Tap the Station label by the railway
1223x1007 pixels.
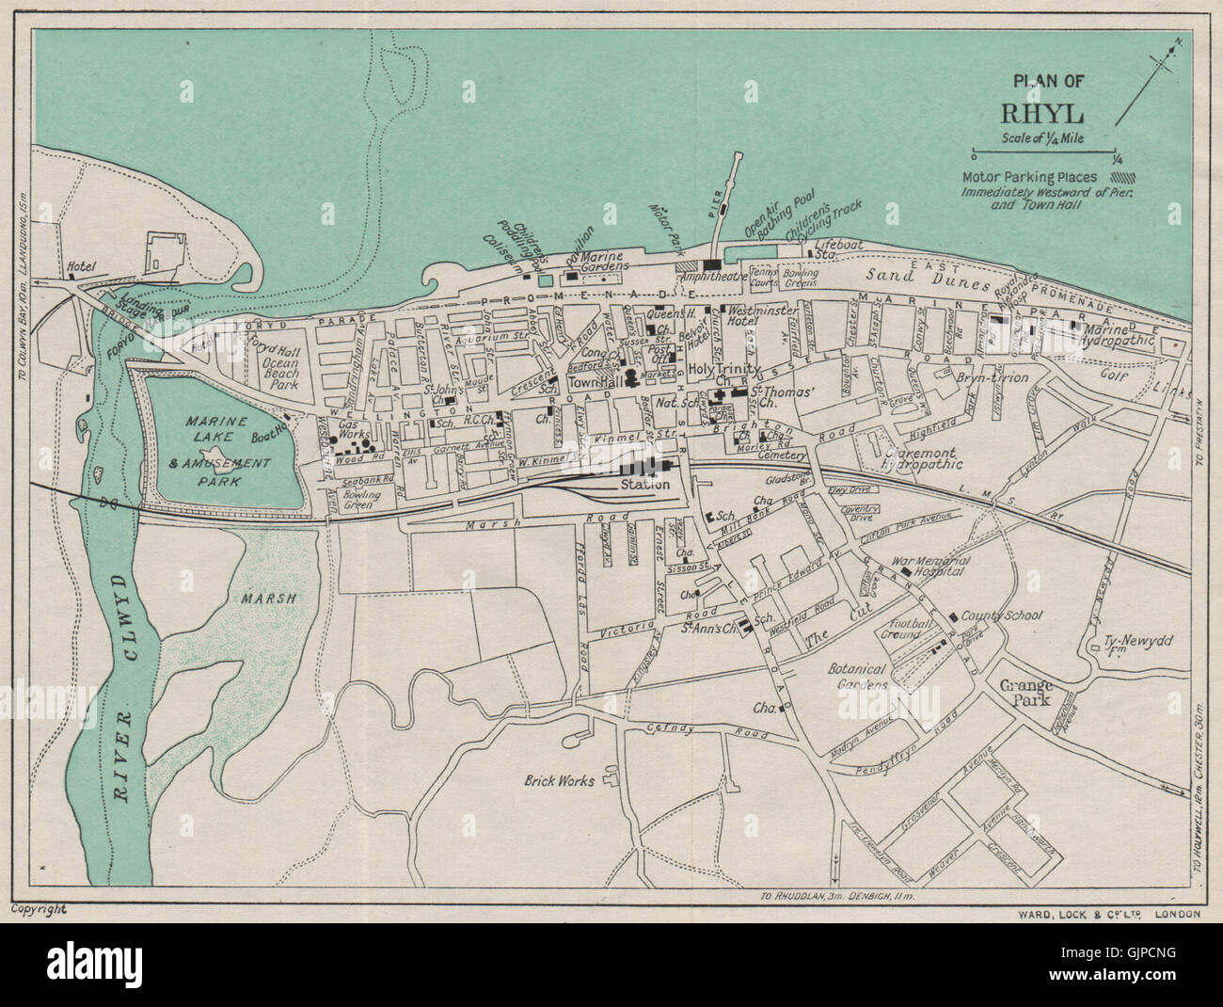click(x=644, y=485)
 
